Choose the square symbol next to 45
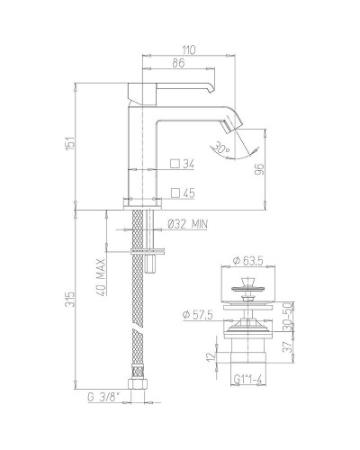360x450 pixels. (175, 193)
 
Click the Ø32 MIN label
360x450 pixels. (190, 224)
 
